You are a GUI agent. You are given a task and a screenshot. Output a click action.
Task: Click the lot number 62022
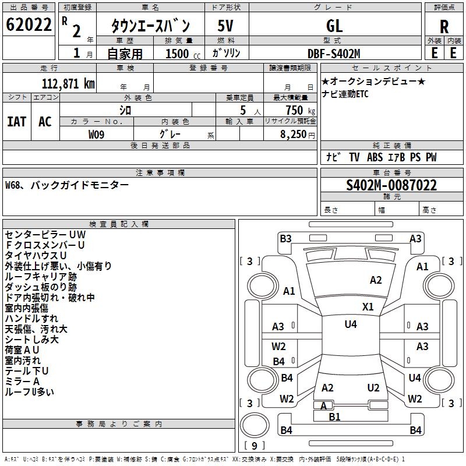click(29, 25)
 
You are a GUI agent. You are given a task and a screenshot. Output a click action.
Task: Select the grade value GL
click(335, 26)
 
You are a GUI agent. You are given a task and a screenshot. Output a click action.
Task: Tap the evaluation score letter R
click(444, 26)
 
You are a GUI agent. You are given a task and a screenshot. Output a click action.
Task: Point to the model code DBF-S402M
click(334, 53)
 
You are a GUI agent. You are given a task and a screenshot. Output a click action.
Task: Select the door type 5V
click(226, 26)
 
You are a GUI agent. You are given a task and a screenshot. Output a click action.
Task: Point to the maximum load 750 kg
click(296, 110)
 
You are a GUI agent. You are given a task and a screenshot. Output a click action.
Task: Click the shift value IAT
click(17, 121)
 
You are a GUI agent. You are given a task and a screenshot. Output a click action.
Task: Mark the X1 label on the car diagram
click(368, 306)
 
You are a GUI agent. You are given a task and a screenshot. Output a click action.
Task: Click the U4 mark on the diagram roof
click(350, 324)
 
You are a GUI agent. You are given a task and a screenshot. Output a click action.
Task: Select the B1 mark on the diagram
click(334, 416)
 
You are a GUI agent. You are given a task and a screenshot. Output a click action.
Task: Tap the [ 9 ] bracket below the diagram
click(254, 446)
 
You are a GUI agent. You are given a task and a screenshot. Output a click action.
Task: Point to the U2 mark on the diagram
click(373, 387)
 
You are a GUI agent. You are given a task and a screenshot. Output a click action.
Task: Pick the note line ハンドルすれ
click(31, 319)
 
